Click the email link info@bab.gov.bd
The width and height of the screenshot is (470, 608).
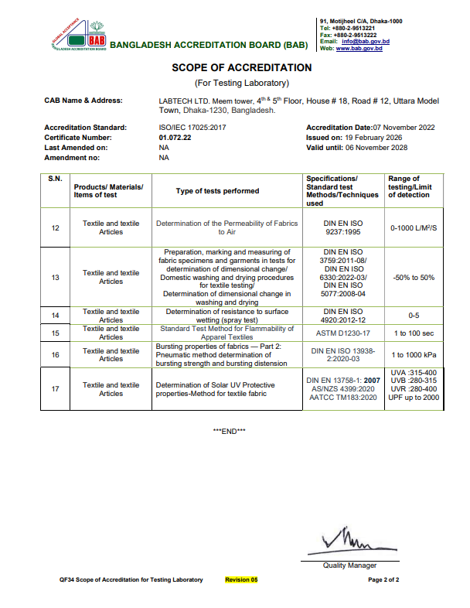(x=369, y=41)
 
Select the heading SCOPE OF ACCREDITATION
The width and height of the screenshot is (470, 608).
(x=241, y=68)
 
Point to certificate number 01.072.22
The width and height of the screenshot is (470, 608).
(x=175, y=137)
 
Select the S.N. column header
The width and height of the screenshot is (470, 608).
(x=55, y=179)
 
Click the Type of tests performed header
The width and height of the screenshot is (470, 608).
(x=217, y=191)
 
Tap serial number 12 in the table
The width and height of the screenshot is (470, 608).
(x=55, y=228)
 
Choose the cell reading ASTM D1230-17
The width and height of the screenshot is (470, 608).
(x=345, y=333)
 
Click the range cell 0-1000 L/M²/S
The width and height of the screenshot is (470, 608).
(x=414, y=228)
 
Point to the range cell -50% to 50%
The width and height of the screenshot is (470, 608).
(x=414, y=277)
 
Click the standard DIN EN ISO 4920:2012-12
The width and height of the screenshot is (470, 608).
(x=345, y=316)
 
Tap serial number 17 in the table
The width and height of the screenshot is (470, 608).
(x=55, y=389)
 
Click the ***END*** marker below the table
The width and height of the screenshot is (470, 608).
(x=229, y=431)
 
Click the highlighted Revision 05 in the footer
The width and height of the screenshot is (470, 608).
(x=241, y=579)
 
